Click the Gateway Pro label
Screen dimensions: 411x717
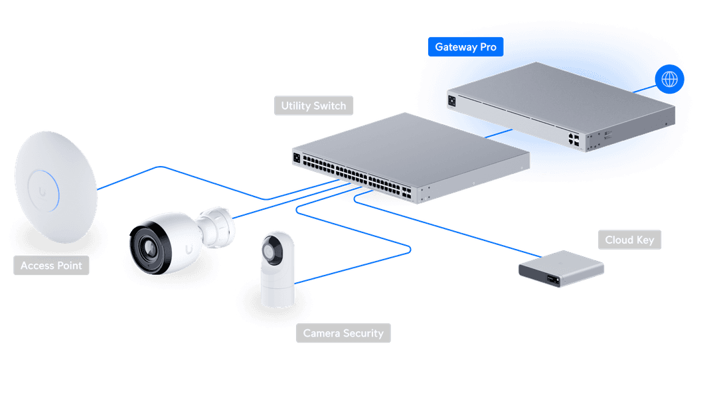[x=465, y=47]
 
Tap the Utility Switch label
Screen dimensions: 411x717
[x=313, y=106]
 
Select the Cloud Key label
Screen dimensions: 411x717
[x=629, y=240]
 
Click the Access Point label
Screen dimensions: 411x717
[x=51, y=266]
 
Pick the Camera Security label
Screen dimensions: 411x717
[x=343, y=333]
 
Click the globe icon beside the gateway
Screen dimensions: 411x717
[x=669, y=80]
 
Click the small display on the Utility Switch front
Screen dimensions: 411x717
[x=296, y=158]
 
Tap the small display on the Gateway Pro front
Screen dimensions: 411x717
[x=453, y=100]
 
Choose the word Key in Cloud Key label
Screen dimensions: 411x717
[x=645, y=240]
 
